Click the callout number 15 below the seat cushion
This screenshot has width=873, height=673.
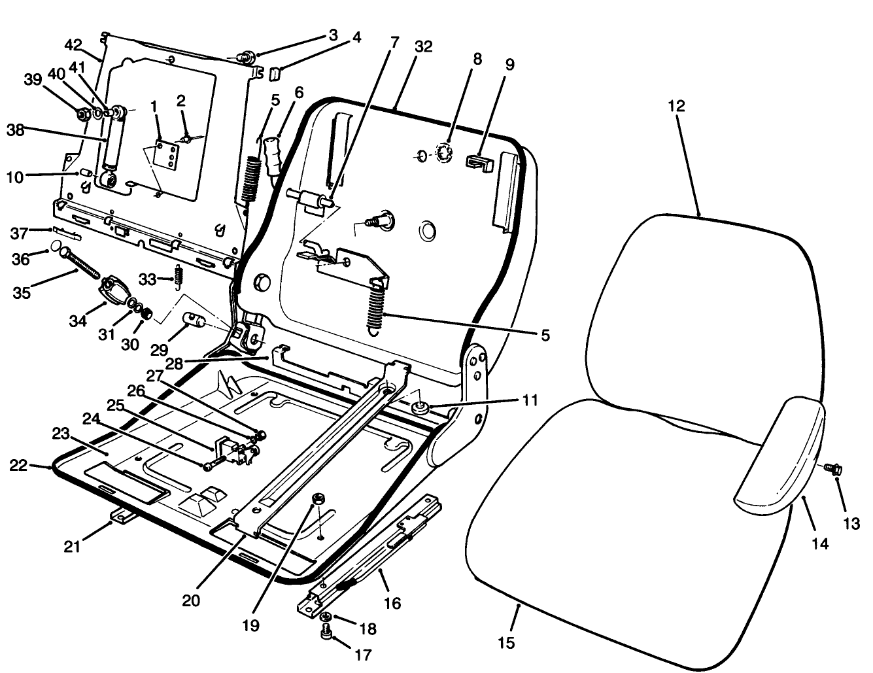[x=506, y=643]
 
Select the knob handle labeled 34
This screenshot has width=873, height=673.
[x=114, y=288]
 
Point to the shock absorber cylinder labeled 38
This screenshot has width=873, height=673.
[x=112, y=144]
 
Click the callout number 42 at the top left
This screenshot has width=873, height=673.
[x=73, y=45]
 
